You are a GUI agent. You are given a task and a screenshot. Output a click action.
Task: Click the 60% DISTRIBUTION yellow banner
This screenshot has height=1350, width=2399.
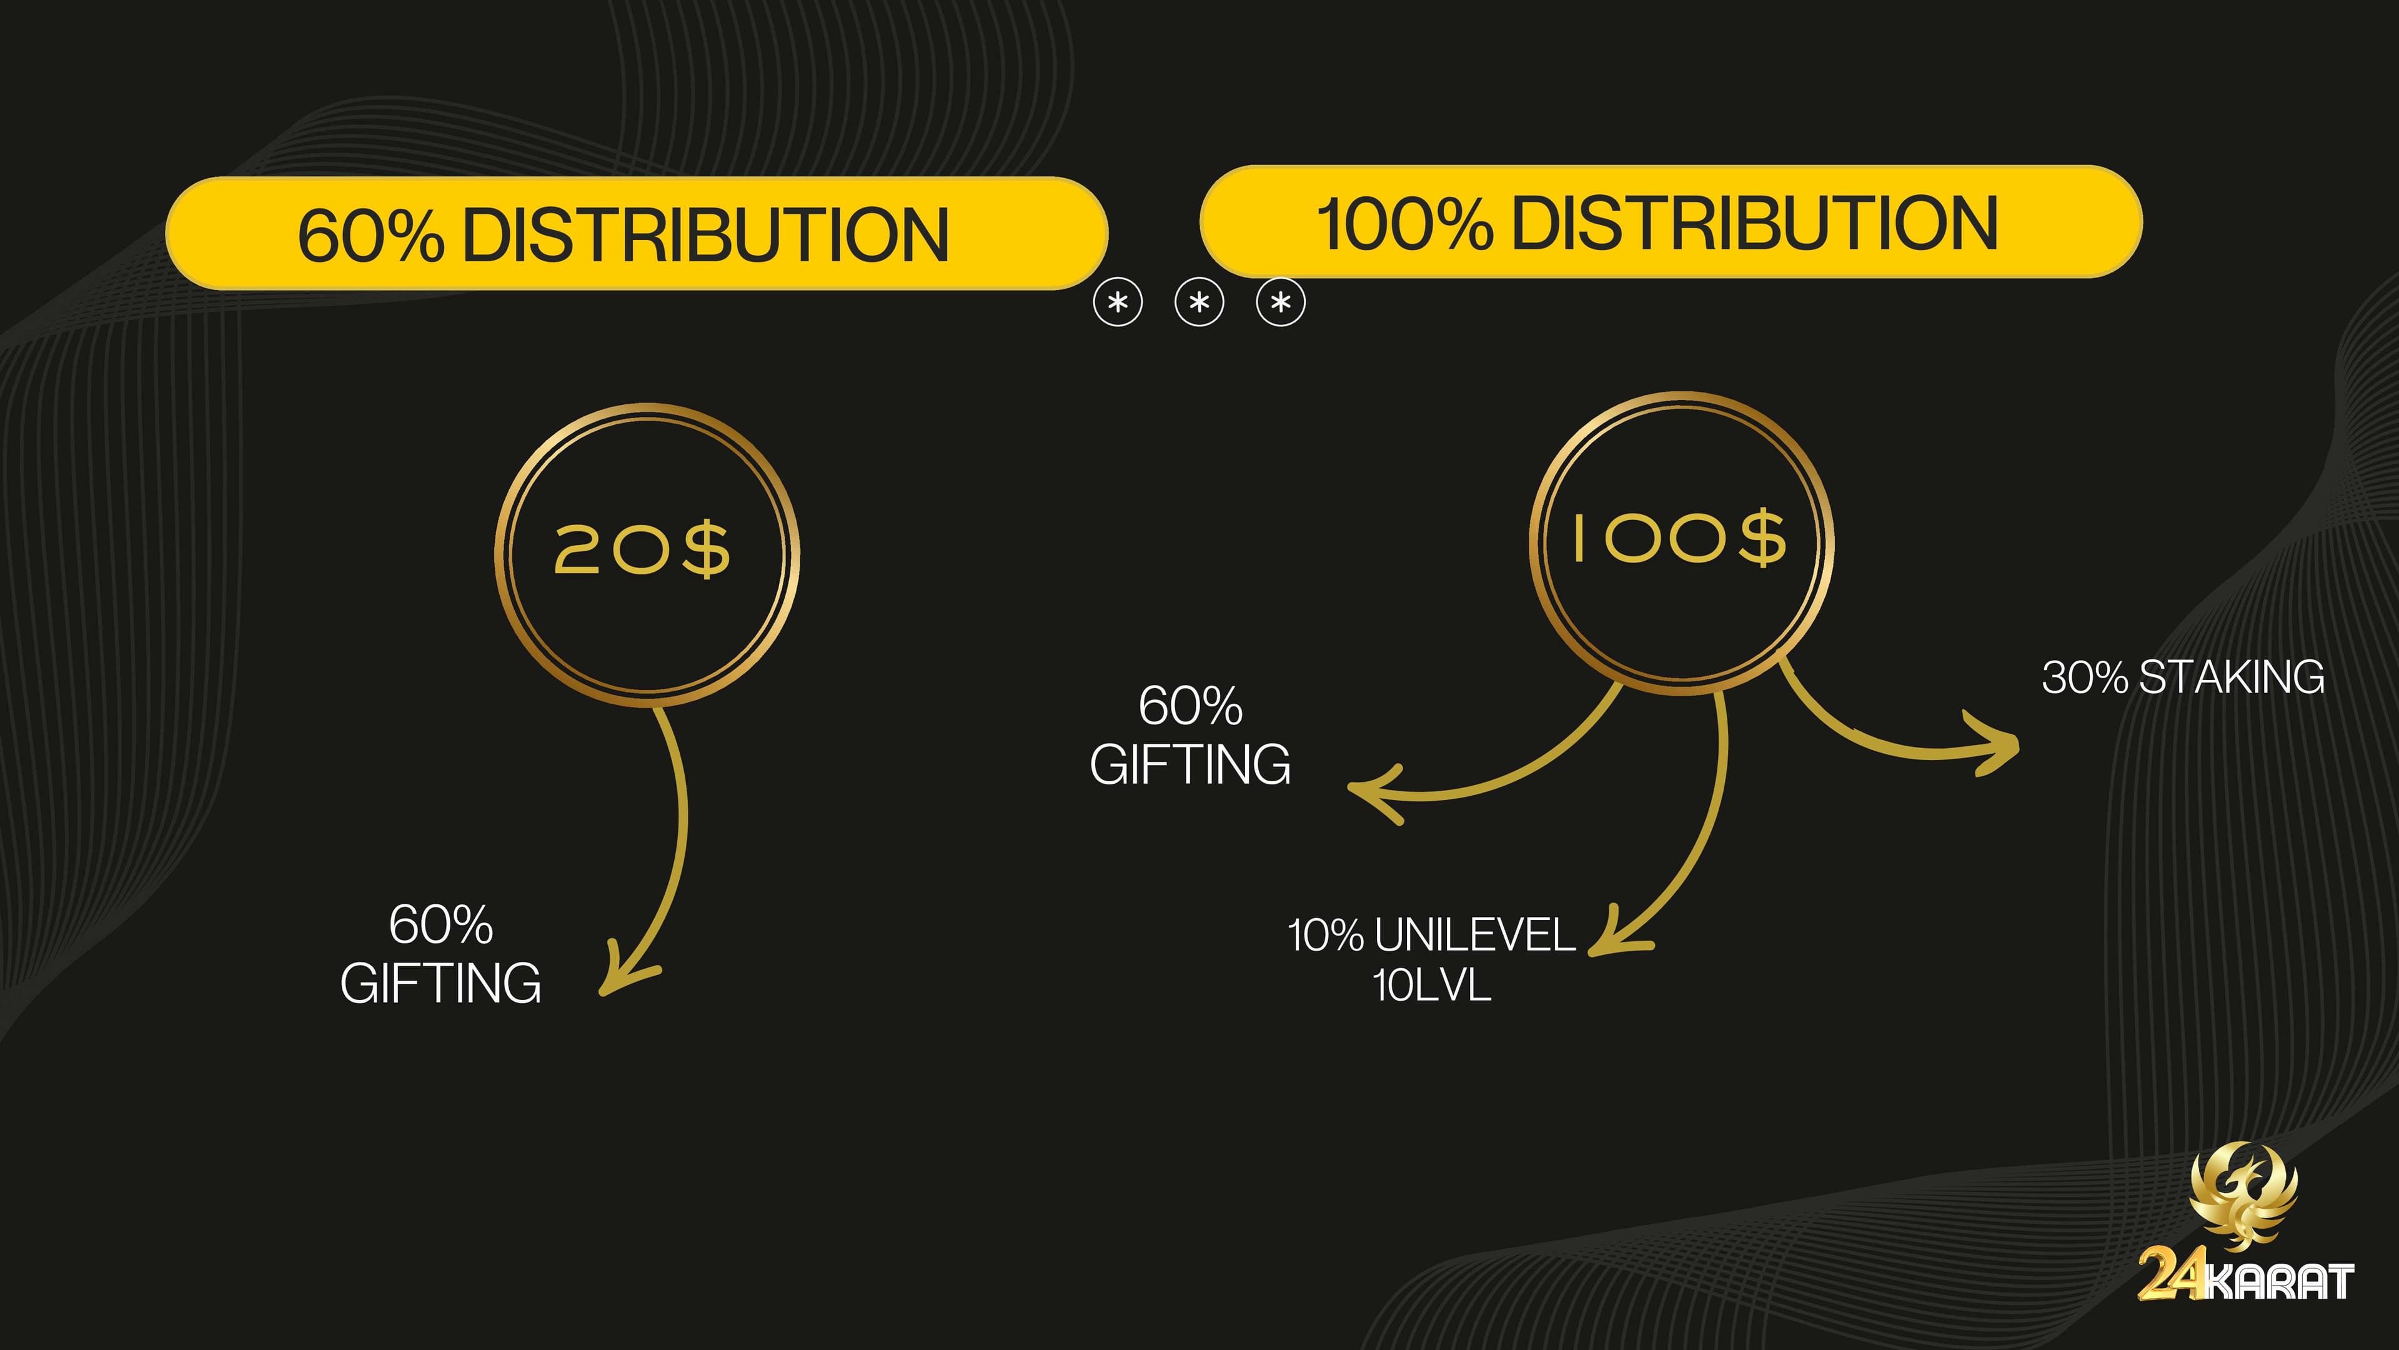637,233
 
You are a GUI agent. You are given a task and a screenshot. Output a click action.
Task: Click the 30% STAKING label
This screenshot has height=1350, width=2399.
2183,677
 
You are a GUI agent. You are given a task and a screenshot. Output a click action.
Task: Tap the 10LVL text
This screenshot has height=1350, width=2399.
1431,985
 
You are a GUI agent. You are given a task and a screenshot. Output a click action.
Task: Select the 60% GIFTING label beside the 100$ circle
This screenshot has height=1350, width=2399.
1190,735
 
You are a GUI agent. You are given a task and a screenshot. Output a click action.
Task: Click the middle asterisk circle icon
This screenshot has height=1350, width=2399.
1199,302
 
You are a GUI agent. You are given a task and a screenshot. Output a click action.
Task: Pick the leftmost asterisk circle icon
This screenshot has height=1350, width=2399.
1118,302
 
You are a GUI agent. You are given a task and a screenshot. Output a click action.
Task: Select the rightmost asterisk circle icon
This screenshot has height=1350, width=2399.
1281,302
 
